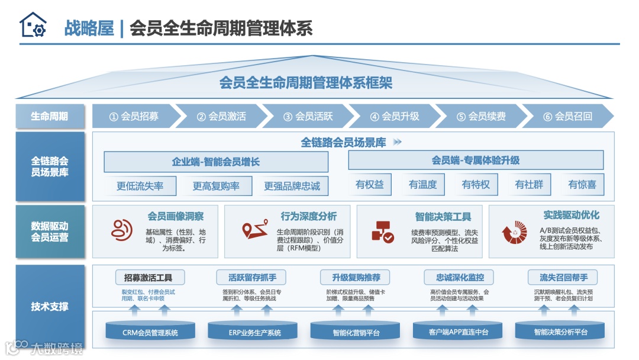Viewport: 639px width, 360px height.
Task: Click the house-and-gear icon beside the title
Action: coord(33,25)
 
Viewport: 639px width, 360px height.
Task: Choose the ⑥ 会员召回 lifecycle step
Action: coord(567,116)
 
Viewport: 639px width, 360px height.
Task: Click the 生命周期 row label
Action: coord(50,116)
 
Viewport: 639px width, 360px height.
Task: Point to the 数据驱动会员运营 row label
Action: coord(50,232)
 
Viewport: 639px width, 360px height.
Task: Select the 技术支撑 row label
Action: coord(50,307)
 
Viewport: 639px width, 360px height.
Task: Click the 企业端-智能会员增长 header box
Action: coord(216,162)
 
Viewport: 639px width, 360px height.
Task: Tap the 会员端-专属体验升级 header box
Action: coord(475,160)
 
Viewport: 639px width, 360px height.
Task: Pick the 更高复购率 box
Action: coord(216,186)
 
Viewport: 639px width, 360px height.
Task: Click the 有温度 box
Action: coord(422,185)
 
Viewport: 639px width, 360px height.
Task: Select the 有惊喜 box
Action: coord(582,185)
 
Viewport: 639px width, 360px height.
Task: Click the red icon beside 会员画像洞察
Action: coord(122,230)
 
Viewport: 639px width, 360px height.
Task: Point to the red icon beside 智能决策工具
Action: coord(382,232)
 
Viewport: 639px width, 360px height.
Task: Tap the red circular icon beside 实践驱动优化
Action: coord(514,232)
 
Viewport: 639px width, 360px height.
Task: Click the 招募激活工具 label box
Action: coord(150,277)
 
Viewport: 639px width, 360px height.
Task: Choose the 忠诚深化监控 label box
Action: coord(460,277)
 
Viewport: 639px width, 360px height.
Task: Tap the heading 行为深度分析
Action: coord(308,217)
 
